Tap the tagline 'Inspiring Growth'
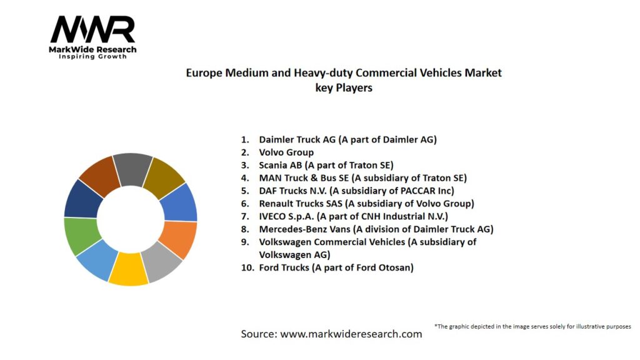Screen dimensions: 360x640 (x=92, y=57)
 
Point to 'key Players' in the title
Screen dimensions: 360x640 (x=344, y=88)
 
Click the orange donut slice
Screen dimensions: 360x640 (x=179, y=239)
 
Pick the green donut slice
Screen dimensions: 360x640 (x=81, y=236)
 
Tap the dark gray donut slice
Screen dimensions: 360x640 (x=132, y=168)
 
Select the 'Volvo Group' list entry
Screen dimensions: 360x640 (x=286, y=152)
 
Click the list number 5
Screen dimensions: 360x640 (x=245, y=191)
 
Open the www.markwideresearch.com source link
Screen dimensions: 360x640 (x=351, y=334)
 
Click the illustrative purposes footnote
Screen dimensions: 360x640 (x=532, y=326)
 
